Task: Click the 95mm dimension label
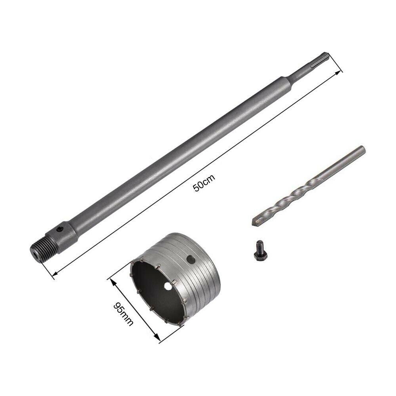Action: click(123, 314)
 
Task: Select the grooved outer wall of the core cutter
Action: click(198, 277)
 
